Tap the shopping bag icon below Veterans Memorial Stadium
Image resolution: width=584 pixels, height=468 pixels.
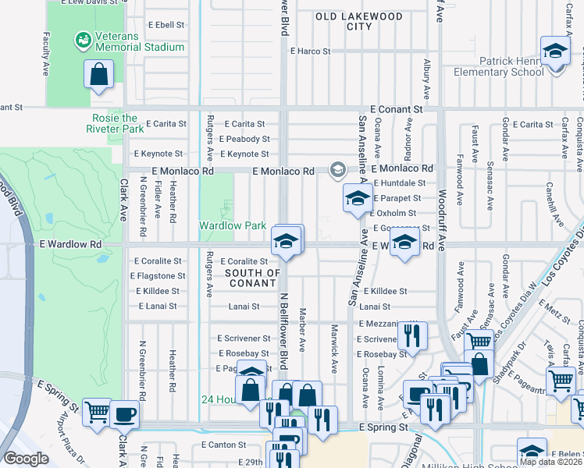pos(99,76)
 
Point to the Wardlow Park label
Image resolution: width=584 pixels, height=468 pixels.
pos(233,225)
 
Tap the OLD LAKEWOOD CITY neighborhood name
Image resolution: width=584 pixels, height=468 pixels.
pos(359,21)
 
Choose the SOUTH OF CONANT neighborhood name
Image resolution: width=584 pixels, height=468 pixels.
pos(252,278)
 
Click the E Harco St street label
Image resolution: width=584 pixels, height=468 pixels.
pos(310,51)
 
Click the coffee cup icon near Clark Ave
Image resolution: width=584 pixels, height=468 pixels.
pos(123,413)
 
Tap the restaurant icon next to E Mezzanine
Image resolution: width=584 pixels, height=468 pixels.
pos(411,335)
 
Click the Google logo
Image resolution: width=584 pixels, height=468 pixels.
pos(26,459)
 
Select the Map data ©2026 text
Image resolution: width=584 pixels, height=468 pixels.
pos(550,462)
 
